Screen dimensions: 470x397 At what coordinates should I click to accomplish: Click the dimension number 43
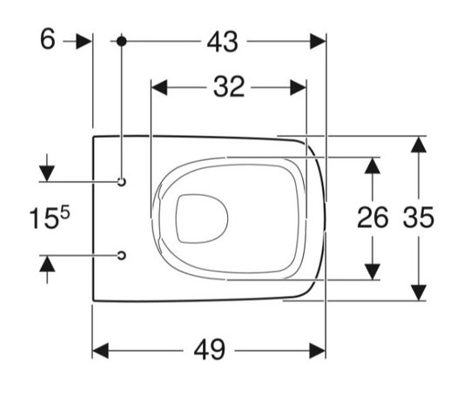tap(223, 42)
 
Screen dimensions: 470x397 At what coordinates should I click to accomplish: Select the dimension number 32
tap(229, 87)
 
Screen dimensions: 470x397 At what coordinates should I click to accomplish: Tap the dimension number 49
tap(209, 350)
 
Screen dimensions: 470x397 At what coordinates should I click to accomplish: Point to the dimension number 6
tap(48, 39)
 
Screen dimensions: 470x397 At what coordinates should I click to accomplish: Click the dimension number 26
tap(373, 218)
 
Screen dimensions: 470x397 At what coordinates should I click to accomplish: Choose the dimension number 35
tap(418, 218)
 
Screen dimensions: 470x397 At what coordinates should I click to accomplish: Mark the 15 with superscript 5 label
tap(50, 217)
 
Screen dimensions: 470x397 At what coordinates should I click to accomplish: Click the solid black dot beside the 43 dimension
tap(121, 42)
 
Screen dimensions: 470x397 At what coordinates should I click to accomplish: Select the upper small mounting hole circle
tap(121, 182)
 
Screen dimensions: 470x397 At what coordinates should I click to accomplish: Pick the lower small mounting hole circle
tap(121, 255)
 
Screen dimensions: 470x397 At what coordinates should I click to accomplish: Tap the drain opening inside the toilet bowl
tap(202, 219)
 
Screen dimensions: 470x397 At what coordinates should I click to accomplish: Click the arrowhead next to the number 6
tap(84, 42)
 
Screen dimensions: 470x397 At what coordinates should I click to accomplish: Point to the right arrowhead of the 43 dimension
tap(318, 42)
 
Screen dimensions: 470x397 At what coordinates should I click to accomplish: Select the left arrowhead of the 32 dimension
tap(159, 88)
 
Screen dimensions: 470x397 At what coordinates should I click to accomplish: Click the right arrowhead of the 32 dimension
tap(299, 88)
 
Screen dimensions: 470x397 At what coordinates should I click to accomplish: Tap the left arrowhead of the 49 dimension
tap(101, 351)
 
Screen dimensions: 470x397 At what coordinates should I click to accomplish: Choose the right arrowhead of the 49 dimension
tap(318, 351)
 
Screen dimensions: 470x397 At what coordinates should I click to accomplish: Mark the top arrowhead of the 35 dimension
tap(419, 145)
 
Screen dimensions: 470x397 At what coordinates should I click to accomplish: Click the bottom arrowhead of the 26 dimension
tap(373, 272)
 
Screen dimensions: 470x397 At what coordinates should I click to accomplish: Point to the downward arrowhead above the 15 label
tap(47, 173)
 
